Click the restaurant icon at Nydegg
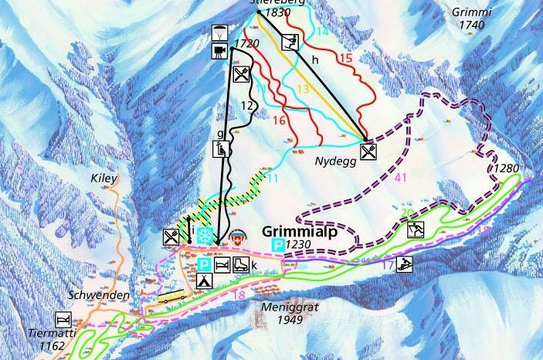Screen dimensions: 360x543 coord(368,151)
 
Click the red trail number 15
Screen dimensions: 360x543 coord(344,57)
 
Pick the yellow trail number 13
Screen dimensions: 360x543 coord(302,90)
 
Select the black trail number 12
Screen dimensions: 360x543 coord(247,105)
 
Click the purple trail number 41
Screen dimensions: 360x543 coord(399,178)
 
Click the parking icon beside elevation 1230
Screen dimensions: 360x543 coord(277,245)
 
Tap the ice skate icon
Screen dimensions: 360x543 coord(240,265)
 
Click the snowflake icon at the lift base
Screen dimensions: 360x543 coord(205,236)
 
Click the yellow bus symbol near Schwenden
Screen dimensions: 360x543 coord(173,297)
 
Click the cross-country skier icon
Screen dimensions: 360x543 coord(416,229)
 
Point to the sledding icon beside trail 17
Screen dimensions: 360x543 coord(404,265)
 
